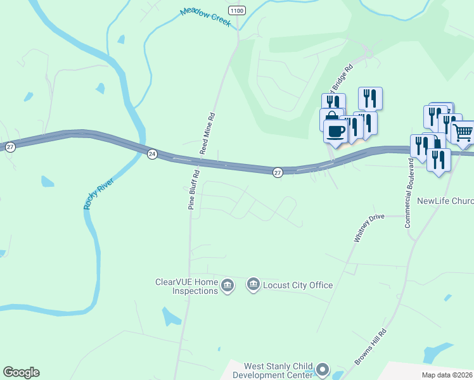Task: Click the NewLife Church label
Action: [x=445, y=201]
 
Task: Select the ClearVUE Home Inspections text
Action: [x=186, y=286]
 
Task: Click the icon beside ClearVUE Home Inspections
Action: [x=228, y=286]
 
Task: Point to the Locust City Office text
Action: [x=298, y=285]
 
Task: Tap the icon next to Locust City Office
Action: [x=253, y=285]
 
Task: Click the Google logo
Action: [x=21, y=372]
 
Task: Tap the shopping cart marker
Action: [x=463, y=133]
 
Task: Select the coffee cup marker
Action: [x=335, y=131]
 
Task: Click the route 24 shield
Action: [x=152, y=154]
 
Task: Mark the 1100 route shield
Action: [x=236, y=11]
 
